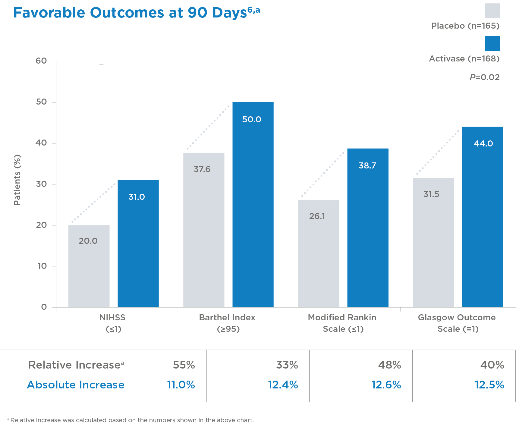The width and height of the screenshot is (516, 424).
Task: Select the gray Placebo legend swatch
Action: click(x=492, y=11)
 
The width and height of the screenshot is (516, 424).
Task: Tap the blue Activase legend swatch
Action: click(x=492, y=43)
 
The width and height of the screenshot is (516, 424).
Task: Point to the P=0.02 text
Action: click(x=484, y=77)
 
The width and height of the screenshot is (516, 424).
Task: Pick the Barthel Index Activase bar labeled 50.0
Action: click(x=253, y=205)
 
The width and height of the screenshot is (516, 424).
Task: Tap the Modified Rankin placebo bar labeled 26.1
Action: click(x=319, y=253)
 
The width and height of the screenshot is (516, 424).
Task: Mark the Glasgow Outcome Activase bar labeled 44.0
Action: click(x=483, y=217)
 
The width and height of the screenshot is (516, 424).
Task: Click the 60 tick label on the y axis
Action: click(x=41, y=61)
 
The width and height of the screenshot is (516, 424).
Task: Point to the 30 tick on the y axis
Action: click(x=41, y=184)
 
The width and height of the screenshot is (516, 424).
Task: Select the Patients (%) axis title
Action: click(x=17, y=180)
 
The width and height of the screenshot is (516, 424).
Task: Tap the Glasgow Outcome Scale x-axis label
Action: click(x=457, y=323)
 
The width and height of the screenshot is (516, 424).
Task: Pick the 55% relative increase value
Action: click(x=184, y=365)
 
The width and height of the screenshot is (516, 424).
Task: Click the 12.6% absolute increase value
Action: click(x=386, y=385)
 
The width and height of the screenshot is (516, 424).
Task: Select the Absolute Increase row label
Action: click(x=76, y=385)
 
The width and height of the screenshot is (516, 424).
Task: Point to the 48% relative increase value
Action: click(x=389, y=365)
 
